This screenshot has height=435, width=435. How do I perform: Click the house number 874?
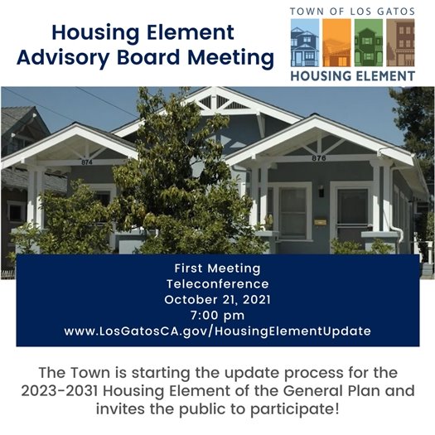tap(87, 162)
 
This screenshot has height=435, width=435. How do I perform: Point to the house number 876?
tap(319, 158)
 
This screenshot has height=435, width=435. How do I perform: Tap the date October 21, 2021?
tap(217, 299)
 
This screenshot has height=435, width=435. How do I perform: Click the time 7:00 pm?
tap(217, 315)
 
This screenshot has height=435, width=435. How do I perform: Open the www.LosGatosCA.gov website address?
tap(217, 331)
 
